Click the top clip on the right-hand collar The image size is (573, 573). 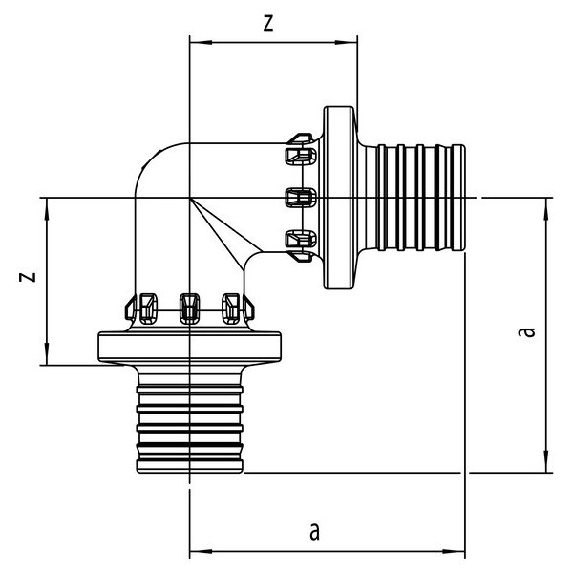tap(300, 154)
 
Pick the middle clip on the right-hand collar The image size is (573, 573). tap(300, 198)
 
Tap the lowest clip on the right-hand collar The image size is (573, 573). tap(300, 241)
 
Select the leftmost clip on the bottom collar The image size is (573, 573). tap(145, 306)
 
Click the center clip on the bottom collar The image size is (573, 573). tap(189, 306)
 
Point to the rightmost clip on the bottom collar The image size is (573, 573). tap(232, 306)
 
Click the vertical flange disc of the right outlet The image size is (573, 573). tap(342, 198)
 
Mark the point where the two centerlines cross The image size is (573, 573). tap(190, 199)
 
